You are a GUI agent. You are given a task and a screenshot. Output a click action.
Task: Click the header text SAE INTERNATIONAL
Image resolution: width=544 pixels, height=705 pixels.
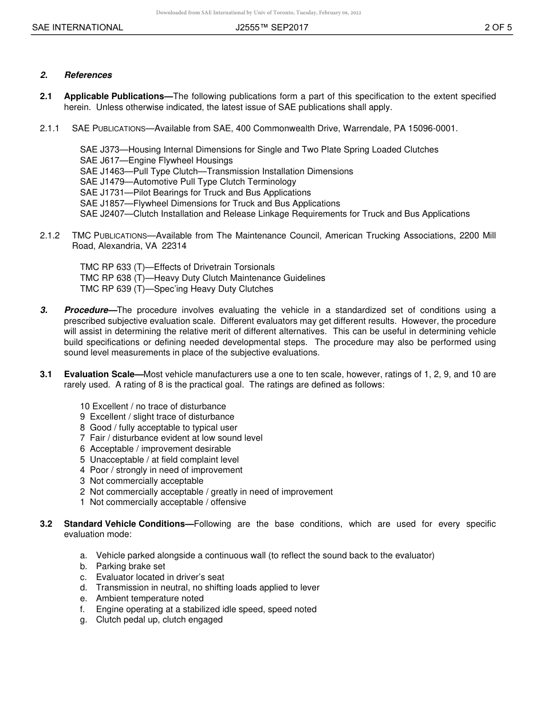coord(77,27)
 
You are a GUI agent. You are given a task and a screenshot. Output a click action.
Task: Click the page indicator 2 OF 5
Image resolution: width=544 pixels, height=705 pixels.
coord(498,27)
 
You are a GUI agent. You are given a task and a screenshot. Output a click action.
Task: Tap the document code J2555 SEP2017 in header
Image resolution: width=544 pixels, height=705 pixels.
coord(271,27)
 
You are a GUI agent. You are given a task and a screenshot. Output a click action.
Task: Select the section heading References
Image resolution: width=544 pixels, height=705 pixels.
coord(88,75)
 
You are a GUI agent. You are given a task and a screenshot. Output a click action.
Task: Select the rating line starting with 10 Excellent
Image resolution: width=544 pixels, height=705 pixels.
coord(153,406)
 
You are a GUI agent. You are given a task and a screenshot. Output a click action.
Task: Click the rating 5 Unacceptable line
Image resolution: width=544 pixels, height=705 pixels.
coord(160,460)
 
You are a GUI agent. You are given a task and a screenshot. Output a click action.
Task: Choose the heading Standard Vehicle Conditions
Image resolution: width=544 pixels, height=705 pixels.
coord(127,524)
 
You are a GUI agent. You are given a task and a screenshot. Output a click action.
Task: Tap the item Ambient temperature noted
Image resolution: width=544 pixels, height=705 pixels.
coord(149,598)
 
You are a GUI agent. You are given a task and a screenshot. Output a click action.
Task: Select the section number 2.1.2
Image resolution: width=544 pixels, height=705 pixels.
coord(50,236)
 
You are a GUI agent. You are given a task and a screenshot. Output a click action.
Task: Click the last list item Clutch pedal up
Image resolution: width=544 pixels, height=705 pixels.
coord(159,620)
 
